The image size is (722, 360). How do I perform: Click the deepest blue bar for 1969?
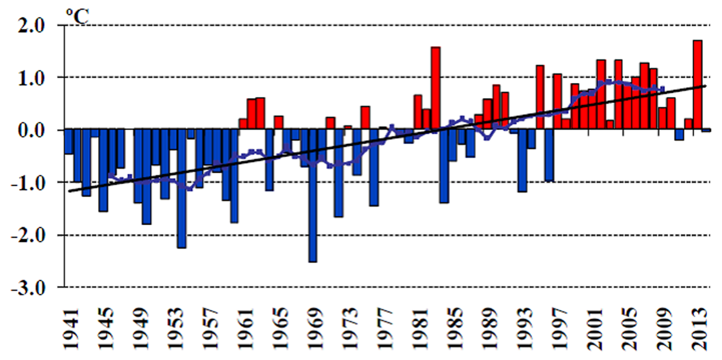point(313,196)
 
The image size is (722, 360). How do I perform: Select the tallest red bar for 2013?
point(697,85)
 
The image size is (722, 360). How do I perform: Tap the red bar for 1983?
point(436,88)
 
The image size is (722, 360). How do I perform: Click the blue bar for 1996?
point(549,155)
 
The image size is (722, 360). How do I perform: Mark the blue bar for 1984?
point(444,166)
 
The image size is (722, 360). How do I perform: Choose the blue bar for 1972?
point(339,173)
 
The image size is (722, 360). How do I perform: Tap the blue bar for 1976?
point(374,168)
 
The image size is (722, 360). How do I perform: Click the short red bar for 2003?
point(610,125)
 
